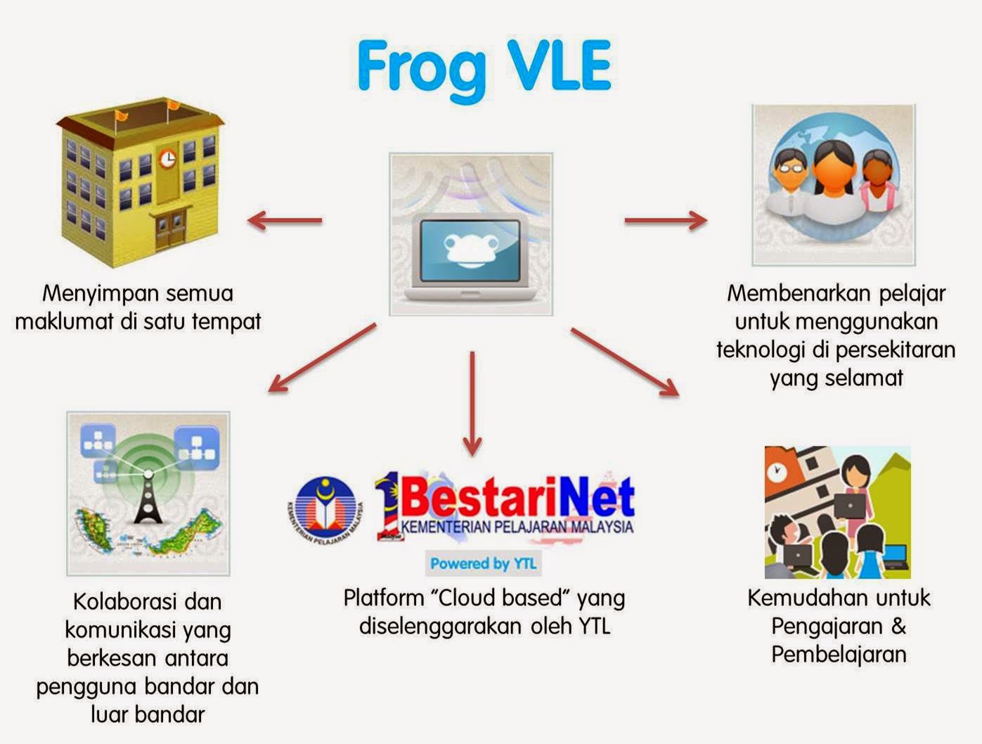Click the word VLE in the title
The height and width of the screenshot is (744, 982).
pos(560,65)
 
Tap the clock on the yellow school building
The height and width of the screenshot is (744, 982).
pos(167,158)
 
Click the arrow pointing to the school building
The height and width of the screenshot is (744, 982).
pos(285,220)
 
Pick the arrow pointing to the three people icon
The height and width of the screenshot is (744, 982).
pos(665,220)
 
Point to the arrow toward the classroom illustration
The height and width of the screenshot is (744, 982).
pos(625,362)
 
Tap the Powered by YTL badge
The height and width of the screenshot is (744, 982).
pos(483,563)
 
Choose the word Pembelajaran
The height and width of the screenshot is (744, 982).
pos(839,654)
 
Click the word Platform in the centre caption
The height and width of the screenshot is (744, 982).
pos(384,598)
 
